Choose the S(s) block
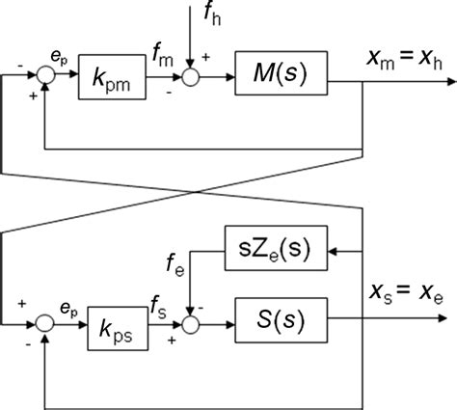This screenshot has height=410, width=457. (279, 316)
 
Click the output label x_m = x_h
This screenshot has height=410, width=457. (405, 60)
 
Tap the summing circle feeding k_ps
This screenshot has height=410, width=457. (43, 317)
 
